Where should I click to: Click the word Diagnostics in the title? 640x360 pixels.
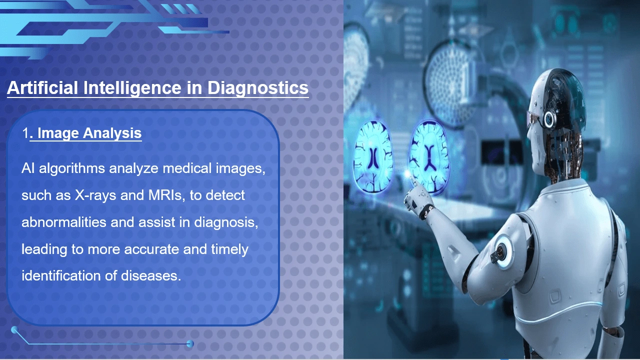tap(257, 87)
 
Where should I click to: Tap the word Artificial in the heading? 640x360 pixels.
tap(42, 87)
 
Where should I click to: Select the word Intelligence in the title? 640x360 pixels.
tap(132, 87)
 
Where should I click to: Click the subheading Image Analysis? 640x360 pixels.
tap(89, 133)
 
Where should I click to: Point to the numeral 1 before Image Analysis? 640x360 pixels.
tap(25, 133)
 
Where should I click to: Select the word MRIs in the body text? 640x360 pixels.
tap(166, 195)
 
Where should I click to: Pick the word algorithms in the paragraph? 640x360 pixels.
tap(72, 168)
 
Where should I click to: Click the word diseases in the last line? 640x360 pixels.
tap(151, 276)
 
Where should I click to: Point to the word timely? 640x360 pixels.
tap(229, 249)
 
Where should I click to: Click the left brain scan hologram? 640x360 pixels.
tap(373, 157)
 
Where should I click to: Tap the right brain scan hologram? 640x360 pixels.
tap(429, 157)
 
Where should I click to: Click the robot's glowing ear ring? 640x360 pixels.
tap(549, 118)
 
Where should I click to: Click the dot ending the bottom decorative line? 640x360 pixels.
tap(190, 343)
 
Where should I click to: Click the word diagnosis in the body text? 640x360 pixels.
tap(226, 222)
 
